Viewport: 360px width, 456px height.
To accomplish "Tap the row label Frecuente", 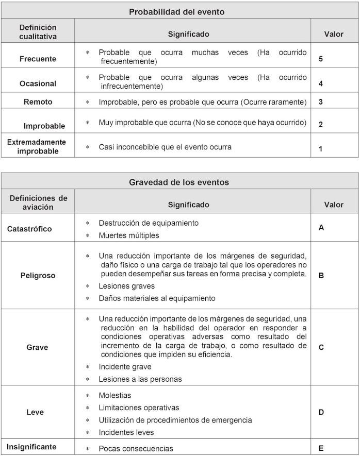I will (x=38, y=59).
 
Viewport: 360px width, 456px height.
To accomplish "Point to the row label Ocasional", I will (x=38, y=83).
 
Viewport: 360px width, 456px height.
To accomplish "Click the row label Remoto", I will (x=38, y=102).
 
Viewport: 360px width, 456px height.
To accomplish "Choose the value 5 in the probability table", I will (x=321, y=59).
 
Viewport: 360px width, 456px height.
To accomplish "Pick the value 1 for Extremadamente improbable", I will (x=321, y=149).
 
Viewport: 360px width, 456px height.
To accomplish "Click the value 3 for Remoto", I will (x=321, y=102).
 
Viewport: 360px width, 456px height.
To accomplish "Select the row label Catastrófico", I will (x=29, y=229).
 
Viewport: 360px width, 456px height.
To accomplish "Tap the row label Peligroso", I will (x=38, y=276).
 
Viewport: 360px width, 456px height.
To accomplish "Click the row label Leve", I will (x=35, y=412).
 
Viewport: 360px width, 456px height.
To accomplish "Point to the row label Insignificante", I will (x=32, y=447).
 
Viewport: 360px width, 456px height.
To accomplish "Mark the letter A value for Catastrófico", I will (x=321, y=227).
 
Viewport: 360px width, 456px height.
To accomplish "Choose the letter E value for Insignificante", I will (x=321, y=448).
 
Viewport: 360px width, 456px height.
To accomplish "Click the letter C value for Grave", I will (x=321, y=347).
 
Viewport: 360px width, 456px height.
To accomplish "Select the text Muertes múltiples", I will (x=129, y=235).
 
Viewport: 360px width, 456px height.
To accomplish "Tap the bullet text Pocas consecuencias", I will (x=136, y=448).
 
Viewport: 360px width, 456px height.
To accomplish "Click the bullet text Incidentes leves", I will (x=126, y=432).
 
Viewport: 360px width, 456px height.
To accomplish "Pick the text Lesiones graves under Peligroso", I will (x=127, y=286).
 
